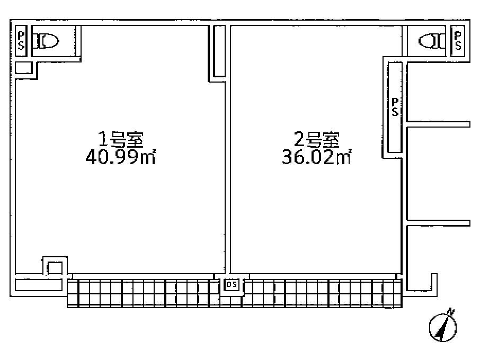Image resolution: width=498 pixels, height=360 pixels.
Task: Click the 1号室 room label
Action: pyautogui.click(x=121, y=140)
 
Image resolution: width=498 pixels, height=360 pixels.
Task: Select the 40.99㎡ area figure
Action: pyautogui.click(x=121, y=157)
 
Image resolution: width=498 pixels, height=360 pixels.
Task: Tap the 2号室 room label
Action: pyautogui.click(x=317, y=140)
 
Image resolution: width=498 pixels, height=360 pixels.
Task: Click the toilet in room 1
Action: pyautogui.click(x=46, y=41)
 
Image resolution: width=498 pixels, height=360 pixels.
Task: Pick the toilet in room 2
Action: pyautogui.click(x=432, y=41)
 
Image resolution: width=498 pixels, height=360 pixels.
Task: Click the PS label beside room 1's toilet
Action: pyautogui.click(x=21, y=41)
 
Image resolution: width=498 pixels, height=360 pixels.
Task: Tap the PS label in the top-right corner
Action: pyautogui.click(x=458, y=41)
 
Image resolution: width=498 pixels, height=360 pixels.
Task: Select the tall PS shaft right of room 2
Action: pyautogui.click(x=395, y=107)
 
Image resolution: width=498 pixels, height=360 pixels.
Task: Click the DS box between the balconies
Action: pyautogui.click(x=232, y=285)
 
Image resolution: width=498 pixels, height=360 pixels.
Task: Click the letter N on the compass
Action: pyautogui.click(x=451, y=311)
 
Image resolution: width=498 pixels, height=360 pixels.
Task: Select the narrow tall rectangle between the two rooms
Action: pyautogui.click(x=219, y=51)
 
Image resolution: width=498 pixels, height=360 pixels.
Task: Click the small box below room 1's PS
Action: pyautogui.click(x=24, y=68)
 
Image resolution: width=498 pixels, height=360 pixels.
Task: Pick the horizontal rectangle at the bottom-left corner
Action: pyautogui.click(x=39, y=285)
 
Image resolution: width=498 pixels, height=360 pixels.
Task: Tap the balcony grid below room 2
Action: pyautogui.click(x=323, y=293)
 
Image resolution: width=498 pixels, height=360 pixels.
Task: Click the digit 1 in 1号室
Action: pyautogui.click(x=102, y=140)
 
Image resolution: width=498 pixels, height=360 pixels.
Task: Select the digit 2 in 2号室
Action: pyautogui.click(x=299, y=140)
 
